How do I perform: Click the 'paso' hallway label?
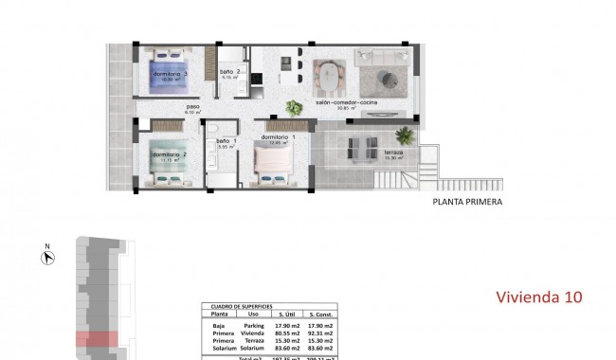tap(192, 107)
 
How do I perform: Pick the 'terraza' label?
tap(395, 153)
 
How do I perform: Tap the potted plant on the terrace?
tap(405, 135)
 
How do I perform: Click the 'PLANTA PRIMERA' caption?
tap(467, 202)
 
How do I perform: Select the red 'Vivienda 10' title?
tap(539, 297)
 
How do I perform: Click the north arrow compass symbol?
tap(46, 256)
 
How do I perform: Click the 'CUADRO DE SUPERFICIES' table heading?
tap(237, 307)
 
